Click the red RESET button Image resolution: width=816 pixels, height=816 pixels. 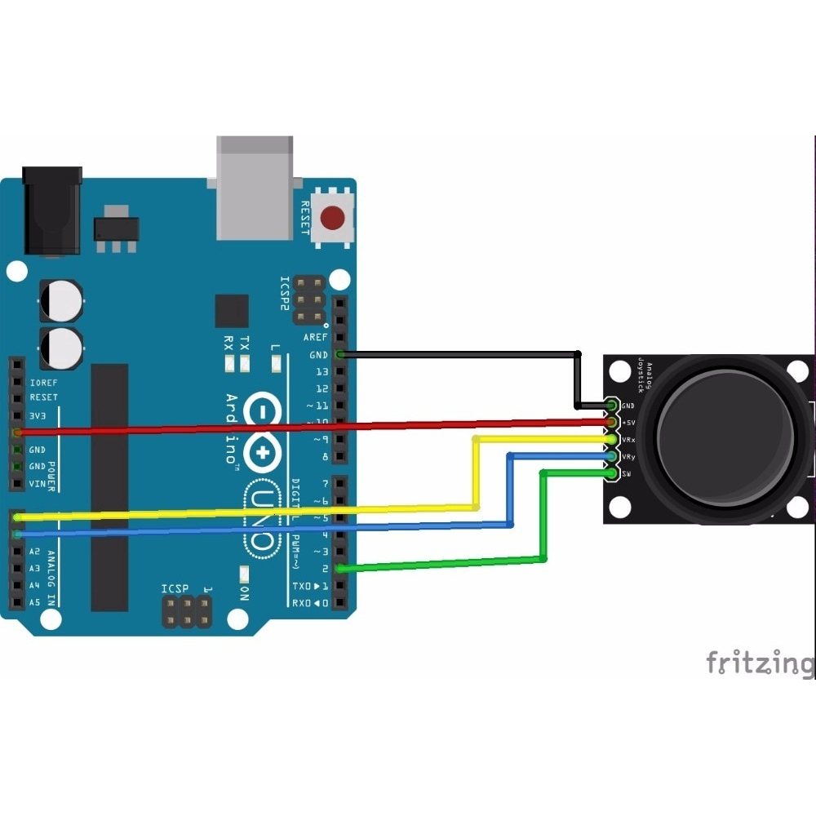(x=332, y=218)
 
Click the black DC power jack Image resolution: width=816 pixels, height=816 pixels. (x=52, y=210)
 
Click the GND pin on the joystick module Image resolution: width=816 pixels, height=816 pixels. (x=612, y=406)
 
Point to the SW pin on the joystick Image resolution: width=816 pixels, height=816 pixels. (x=612, y=473)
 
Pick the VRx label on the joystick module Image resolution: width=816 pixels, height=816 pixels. (x=628, y=440)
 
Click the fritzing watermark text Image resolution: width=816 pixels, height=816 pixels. (x=759, y=663)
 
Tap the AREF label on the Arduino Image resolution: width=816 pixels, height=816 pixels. (x=315, y=337)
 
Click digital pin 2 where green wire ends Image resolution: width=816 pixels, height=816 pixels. (x=340, y=569)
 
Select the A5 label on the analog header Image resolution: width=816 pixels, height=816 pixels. (x=34, y=602)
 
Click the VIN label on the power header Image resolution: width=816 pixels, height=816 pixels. (x=38, y=484)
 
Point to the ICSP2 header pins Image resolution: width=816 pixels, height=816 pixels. (x=310, y=299)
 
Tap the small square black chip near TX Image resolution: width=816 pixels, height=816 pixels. (x=232, y=311)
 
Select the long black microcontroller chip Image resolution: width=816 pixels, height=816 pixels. (x=109, y=487)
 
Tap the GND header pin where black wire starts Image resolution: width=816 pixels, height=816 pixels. (x=340, y=354)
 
